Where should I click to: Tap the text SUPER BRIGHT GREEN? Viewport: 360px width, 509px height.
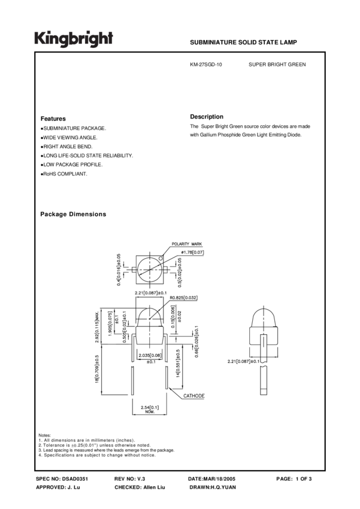point(277,63)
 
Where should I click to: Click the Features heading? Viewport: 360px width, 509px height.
point(53,119)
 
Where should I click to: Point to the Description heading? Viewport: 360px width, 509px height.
point(207,116)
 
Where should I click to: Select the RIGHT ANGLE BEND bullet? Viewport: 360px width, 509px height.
point(67,146)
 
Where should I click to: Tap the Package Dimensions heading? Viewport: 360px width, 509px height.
point(73,214)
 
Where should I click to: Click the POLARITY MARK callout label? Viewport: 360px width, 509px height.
point(187,244)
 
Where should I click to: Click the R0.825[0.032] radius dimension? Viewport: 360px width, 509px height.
point(183,298)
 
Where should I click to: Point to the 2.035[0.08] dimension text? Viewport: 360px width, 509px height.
point(150,356)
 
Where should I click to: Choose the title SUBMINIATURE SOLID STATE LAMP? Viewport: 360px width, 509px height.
point(243,43)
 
